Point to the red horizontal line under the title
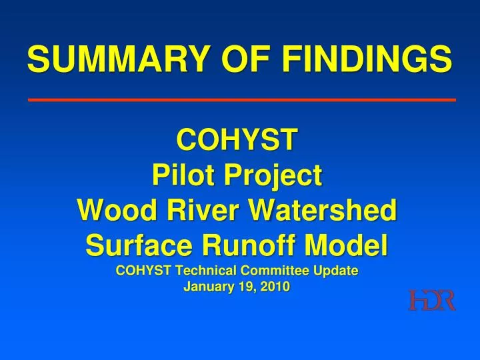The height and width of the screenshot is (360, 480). tap(241, 99)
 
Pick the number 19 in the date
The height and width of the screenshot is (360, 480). tap(247, 287)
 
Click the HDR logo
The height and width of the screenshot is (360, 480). tap(432, 301)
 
